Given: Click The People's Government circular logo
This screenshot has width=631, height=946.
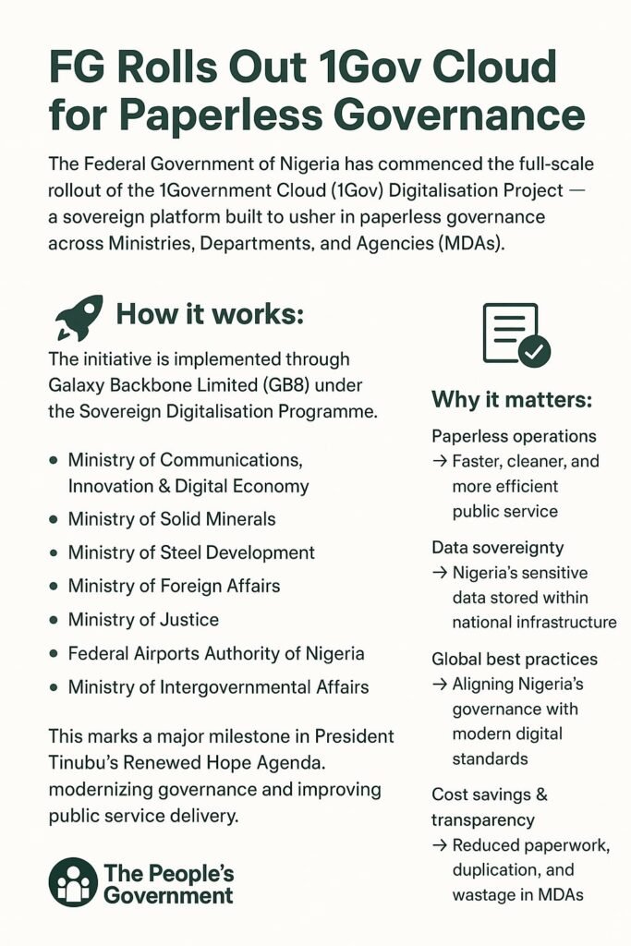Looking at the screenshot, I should pyautogui.click(x=73, y=881).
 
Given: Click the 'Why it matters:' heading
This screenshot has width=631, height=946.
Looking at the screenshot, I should pyautogui.click(x=512, y=401).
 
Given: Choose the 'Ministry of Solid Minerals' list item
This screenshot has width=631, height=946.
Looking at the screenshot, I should pyautogui.click(x=172, y=519).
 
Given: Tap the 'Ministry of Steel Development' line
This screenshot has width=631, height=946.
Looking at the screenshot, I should pyautogui.click(x=191, y=552).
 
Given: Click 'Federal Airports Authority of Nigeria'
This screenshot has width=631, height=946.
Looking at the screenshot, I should pyautogui.click(x=216, y=653).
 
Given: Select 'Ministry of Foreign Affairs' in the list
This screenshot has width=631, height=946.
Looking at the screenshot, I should pyautogui.click(x=174, y=586).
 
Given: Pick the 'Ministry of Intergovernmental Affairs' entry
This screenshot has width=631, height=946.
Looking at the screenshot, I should pyautogui.click(x=218, y=686).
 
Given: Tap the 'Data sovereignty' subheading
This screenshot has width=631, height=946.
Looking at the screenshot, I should pyautogui.click(x=497, y=548).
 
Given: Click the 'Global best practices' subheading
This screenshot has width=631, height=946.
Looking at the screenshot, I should pyautogui.click(x=515, y=660).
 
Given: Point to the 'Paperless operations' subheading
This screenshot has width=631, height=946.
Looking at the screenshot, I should pyautogui.click(x=514, y=436).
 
